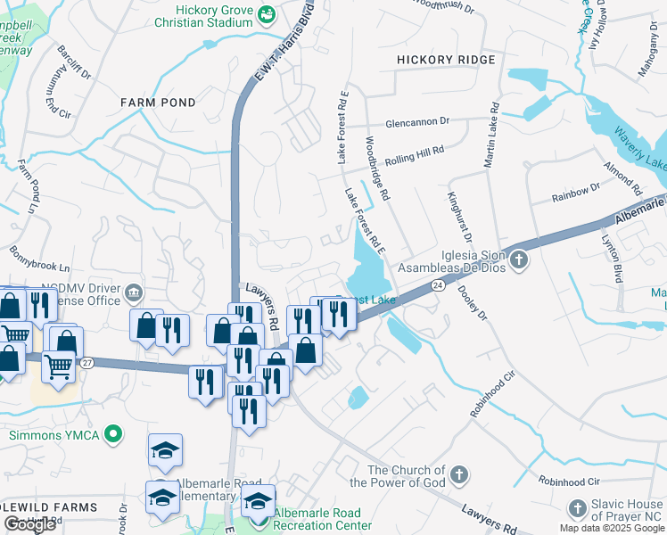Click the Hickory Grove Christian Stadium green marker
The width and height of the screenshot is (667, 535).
click(266, 15)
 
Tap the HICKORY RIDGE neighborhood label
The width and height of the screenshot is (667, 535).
click(445, 60)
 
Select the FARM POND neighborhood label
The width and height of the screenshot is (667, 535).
click(158, 103)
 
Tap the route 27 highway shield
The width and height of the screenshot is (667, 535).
click(86, 363)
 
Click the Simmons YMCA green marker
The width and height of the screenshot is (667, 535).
click(112, 435)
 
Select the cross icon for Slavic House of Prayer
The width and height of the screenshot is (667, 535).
click(577, 508)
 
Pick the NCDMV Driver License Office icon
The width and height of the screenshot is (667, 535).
click(133, 292)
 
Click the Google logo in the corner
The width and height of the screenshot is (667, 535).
click(29, 524)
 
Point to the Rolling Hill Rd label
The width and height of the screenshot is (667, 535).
click(415, 156)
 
